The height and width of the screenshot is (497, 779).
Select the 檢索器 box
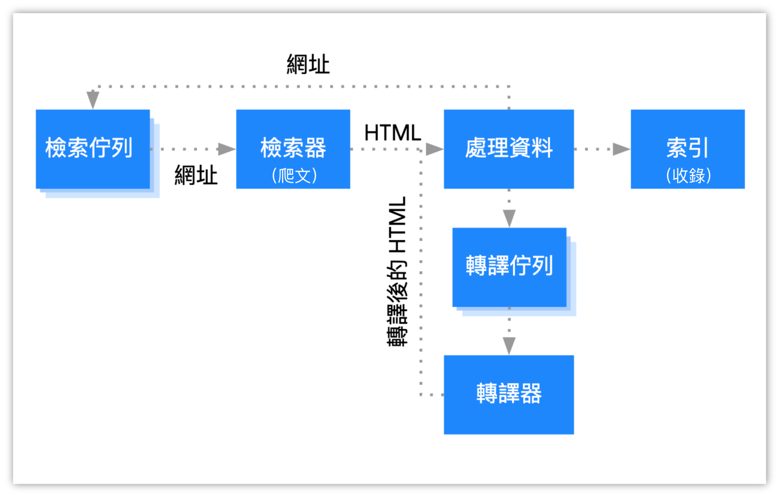293,148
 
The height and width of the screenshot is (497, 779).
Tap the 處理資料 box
509,148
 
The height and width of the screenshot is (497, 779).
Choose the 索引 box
687,148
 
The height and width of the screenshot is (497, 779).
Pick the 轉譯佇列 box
509,266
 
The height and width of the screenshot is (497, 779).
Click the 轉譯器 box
509,394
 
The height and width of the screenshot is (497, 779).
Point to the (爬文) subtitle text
294,175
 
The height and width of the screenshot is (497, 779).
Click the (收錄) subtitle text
688,175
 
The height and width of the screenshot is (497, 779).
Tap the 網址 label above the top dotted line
308,65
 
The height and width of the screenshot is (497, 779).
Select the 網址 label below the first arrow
196,175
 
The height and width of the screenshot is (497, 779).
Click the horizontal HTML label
392,132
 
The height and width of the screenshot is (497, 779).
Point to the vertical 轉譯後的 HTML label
397,271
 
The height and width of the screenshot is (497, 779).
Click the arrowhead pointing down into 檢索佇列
93,100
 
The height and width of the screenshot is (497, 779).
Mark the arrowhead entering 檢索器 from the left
226,149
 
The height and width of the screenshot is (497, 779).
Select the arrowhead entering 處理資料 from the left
434,149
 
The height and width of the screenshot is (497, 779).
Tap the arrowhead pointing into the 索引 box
621,149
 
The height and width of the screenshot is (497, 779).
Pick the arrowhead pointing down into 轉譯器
509,345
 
